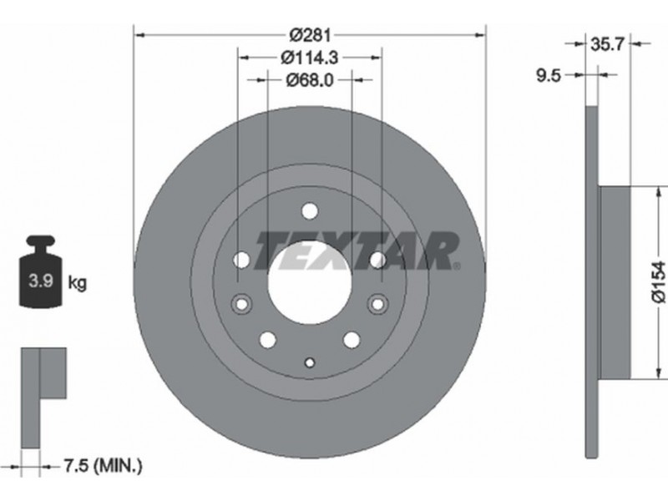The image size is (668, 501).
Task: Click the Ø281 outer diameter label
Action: (310, 35)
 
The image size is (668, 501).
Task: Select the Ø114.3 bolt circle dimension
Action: (310, 58)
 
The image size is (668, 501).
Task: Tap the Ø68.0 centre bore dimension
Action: (310, 79)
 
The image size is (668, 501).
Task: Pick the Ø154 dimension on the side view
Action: (659, 282)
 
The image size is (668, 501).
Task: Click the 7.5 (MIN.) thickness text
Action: (103, 466)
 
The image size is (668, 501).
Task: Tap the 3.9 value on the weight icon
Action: (41, 281)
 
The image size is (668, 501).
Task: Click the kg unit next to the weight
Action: (78, 282)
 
